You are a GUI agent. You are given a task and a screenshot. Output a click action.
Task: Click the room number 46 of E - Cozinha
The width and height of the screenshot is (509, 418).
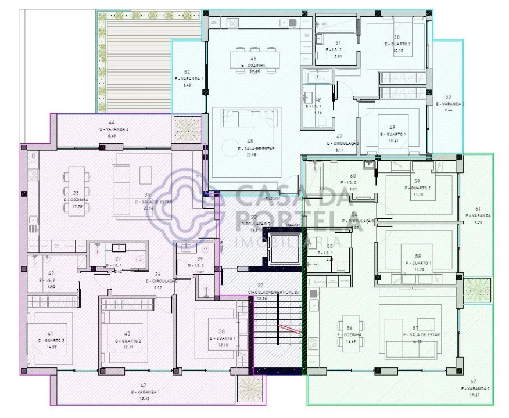(253, 59)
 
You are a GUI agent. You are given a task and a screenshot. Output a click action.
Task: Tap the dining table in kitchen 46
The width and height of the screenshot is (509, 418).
(254, 60)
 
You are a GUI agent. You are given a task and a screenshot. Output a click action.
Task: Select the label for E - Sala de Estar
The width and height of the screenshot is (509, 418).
(252, 148)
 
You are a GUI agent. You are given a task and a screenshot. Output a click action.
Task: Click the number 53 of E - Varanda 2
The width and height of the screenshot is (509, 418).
(448, 96)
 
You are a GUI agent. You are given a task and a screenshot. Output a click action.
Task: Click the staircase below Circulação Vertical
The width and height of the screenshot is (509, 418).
(278, 331)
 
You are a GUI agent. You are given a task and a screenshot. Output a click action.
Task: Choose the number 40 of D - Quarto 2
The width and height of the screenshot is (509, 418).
(127, 333)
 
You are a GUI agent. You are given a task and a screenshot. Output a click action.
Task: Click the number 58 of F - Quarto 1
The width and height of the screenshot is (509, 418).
(417, 255)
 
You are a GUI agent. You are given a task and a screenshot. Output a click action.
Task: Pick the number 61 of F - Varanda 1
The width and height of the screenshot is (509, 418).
(478, 208)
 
